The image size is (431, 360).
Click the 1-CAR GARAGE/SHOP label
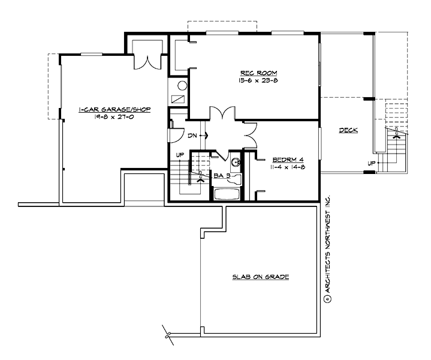[x=114, y=110]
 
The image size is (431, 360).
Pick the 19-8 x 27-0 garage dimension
[x=114, y=118]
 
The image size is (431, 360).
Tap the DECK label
[x=348, y=130]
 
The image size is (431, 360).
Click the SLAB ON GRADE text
[x=261, y=277]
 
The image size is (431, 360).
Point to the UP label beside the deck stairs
[x=371, y=163]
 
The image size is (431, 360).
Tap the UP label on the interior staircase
[x=179, y=155]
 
